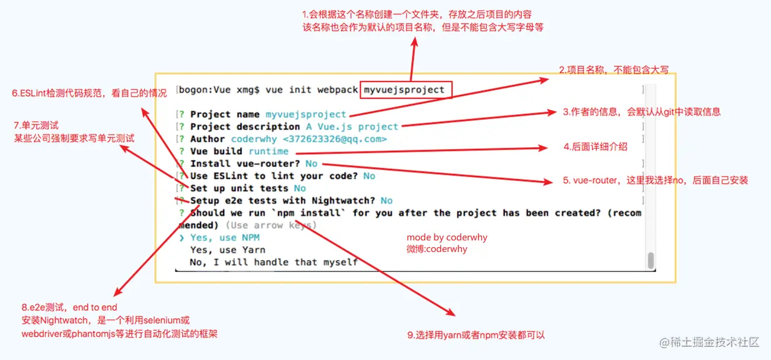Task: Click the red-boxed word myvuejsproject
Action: (x=405, y=90)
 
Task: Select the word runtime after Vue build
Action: (x=268, y=151)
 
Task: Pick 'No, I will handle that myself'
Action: (x=273, y=262)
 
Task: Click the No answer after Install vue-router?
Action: (x=312, y=163)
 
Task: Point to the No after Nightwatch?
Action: (x=386, y=200)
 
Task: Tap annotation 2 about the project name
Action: (x=613, y=70)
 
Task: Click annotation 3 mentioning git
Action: (x=642, y=112)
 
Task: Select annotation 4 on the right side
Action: (x=595, y=147)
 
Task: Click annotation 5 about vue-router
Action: (x=655, y=180)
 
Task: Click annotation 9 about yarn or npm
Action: (x=476, y=335)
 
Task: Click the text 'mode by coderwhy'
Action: (x=447, y=238)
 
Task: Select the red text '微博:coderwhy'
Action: (x=437, y=249)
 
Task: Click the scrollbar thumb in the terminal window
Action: (x=651, y=260)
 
